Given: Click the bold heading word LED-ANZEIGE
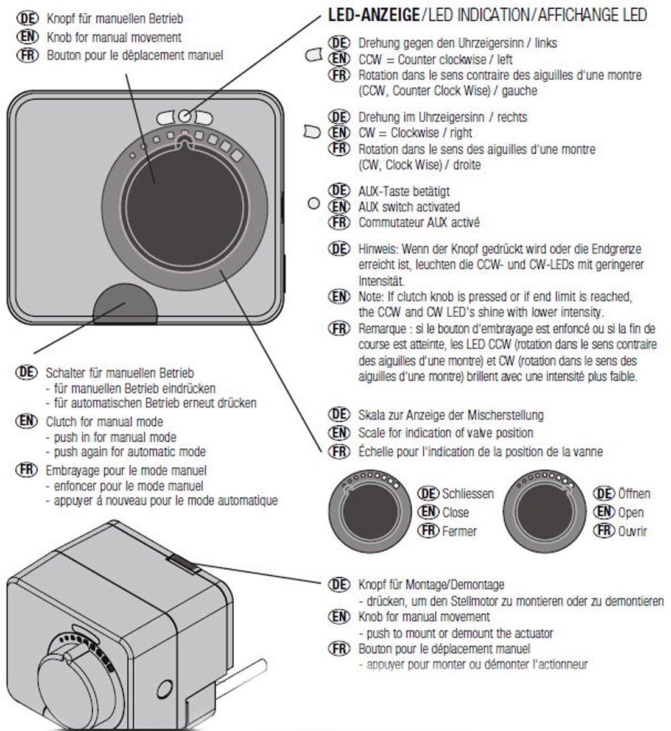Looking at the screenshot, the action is click(374, 15).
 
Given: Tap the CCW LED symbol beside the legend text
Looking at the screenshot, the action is click(314, 55).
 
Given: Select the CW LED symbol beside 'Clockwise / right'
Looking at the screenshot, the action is click(312, 132).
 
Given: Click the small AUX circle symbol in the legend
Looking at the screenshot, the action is click(314, 203).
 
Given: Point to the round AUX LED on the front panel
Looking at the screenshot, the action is click(184, 116).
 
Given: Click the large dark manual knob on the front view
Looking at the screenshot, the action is click(184, 208).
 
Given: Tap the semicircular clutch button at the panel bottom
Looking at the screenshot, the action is click(125, 305).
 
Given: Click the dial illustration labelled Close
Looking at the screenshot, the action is click(370, 511).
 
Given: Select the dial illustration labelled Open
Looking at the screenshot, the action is click(544, 511).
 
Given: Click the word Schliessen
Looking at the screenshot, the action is click(468, 494).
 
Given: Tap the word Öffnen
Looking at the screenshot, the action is click(634, 493).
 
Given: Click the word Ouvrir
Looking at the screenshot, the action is click(633, 531).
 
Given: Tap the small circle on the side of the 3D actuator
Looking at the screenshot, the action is click(164, 689).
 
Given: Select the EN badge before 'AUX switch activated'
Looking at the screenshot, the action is click(339, 207).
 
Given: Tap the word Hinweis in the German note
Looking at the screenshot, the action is click(379, 249).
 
